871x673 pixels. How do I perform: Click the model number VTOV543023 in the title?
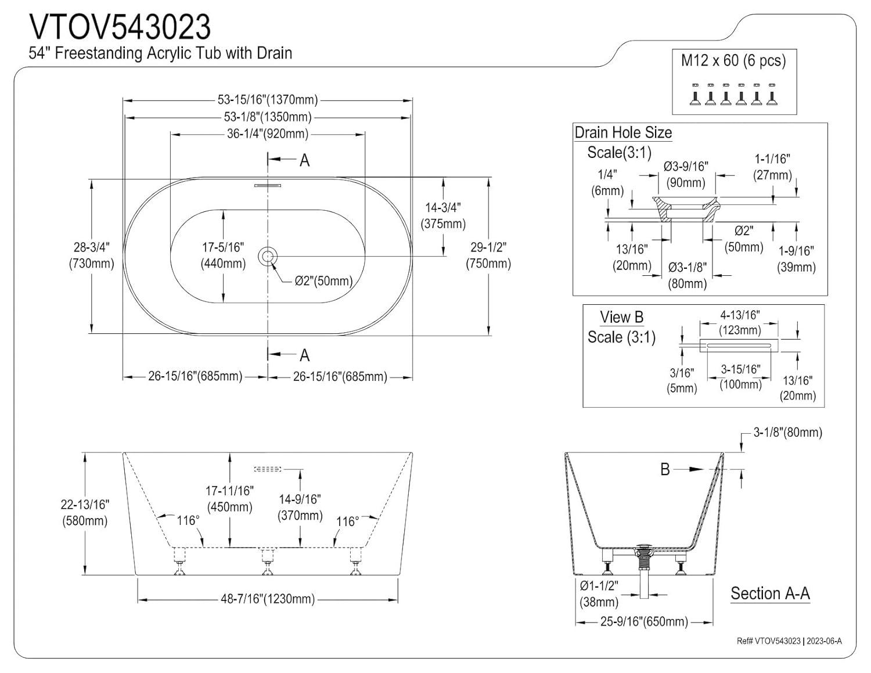tap(120, 26)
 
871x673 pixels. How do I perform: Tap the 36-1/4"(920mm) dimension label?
tap(267, 134)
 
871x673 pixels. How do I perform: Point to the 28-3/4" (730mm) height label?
tap(91, 255)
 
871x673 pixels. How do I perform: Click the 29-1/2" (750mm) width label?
tap(488, 255)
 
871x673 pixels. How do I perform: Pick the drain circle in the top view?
tap(268, 255)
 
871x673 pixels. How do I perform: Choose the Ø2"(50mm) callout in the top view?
tap(323, 281)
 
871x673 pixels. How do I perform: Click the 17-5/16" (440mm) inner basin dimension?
tap(223, 255)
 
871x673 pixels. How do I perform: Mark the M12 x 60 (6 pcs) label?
tap(733, 60)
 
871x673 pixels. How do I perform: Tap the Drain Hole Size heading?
tap(623, 132)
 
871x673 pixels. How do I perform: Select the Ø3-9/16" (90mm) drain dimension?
tap(686, 174)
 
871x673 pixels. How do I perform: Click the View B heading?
tap(621, 317)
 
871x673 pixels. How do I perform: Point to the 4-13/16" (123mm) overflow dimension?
tap(740, 322)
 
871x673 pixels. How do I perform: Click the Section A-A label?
tap(770, 593)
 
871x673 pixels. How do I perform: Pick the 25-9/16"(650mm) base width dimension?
tap(644, 621)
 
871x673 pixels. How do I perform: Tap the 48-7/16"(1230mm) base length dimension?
tap(267, 599)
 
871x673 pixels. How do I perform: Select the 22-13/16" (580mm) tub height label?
tap(85, 513)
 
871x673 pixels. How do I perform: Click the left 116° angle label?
tap(188, 520)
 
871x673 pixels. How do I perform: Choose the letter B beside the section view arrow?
tap(665, 469)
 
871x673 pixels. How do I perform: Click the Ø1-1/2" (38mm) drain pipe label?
tap(599, 593)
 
